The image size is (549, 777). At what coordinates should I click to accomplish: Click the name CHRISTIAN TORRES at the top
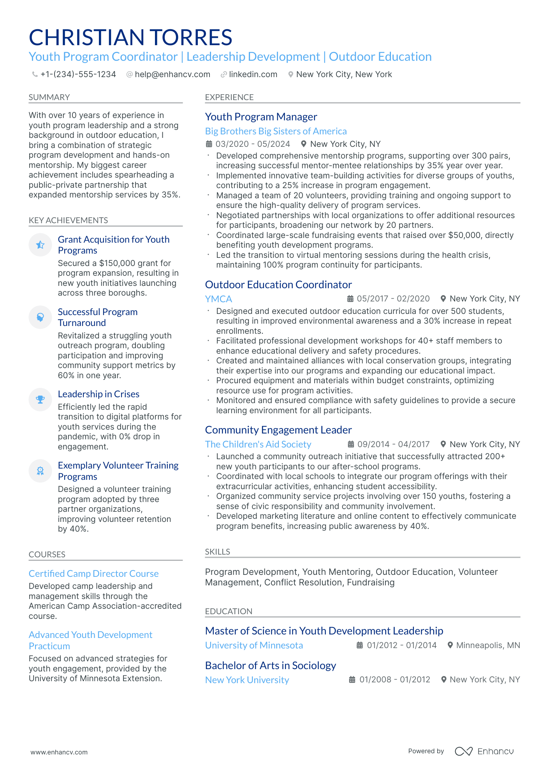[x=130, y=37]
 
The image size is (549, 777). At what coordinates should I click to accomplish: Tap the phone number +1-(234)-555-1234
[x=78, y=74]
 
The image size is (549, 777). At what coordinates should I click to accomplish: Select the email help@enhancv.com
[x=172, y=74]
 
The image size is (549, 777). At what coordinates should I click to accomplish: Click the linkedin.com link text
[x=253, y=74]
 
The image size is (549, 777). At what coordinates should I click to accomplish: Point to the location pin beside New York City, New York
[x=290, y=74]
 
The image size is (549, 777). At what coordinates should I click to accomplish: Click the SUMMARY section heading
[x=49, y=97]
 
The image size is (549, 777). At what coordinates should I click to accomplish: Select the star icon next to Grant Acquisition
[x=40, y=245]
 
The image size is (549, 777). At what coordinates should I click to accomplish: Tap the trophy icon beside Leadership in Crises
[x=40, y=400]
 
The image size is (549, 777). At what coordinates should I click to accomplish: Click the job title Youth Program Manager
[x=261, y=117]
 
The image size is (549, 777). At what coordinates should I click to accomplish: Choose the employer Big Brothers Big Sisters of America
[x=276, y=131]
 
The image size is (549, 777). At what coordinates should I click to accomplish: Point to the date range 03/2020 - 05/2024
[x=252, y=144]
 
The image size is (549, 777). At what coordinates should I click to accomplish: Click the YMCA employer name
[x=218, y=299]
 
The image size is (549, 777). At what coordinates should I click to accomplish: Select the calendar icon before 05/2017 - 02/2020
[x=350, y=299]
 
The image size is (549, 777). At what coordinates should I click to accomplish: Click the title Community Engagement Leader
[x=278, y=430]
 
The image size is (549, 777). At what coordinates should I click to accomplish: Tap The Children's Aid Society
[x=258, y=444]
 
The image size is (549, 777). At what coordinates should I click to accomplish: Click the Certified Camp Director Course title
[x=93, y=574]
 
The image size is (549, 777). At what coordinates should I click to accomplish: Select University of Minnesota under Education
[x=254, y=645]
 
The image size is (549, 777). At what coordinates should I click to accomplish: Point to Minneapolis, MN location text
[x=488, y=645]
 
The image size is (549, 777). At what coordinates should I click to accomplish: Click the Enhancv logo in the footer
[x=484, y=751]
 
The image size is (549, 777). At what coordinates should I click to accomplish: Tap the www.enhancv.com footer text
[x=59, y=752]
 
